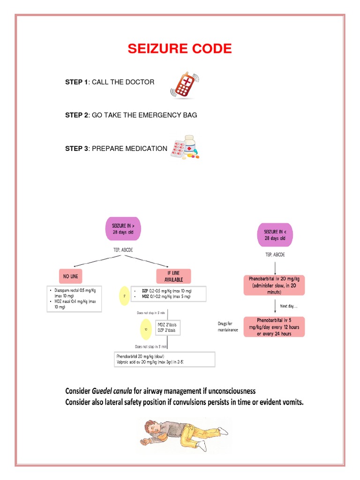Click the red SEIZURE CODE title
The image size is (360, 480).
click(x=180, y=49)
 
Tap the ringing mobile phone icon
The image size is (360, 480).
click(x=184, y=85)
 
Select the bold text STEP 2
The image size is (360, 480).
click(x=76, y=115)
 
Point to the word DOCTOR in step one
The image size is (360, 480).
click(x=141, y=82)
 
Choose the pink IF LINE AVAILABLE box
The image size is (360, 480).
click(x=173, y=276)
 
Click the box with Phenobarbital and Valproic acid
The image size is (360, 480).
click(x=165, y=359)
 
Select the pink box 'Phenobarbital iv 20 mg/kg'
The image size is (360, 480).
click(x=274, y=285)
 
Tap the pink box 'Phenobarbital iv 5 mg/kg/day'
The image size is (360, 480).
click(x=274, y=327)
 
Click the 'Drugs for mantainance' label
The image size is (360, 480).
click(x=228, y=327)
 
